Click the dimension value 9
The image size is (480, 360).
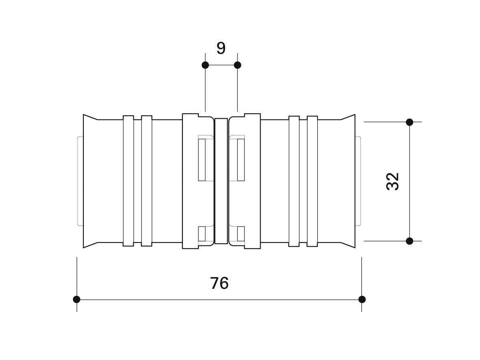click(221, 48)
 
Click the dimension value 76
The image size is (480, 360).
click(219, 283)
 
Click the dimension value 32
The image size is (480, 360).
click(393, 182)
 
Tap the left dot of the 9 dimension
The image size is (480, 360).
click(205, 65)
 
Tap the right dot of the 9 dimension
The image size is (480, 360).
click(237, 65)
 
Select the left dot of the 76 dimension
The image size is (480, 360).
click(76, 299)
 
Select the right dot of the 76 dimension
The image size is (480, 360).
click(362, 299)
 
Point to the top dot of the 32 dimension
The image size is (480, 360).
click(410, 122)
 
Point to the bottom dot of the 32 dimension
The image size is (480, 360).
click(410, 241)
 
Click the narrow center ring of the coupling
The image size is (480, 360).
click(221, 181)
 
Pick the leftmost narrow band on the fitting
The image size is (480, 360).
click(128, 181)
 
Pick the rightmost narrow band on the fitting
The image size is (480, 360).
click(312, 181)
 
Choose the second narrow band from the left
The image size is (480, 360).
click(147, 181)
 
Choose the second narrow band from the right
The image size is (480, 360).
click(294, 181)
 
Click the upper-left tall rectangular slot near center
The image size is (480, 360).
click(202, 160)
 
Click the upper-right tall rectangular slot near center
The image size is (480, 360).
click(241, 160)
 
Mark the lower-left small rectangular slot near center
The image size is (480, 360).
click(202, 234)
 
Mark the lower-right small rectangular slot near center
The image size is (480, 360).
click(241, 234)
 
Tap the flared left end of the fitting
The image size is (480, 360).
click(91, 181)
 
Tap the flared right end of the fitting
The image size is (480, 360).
click(348, 181)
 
